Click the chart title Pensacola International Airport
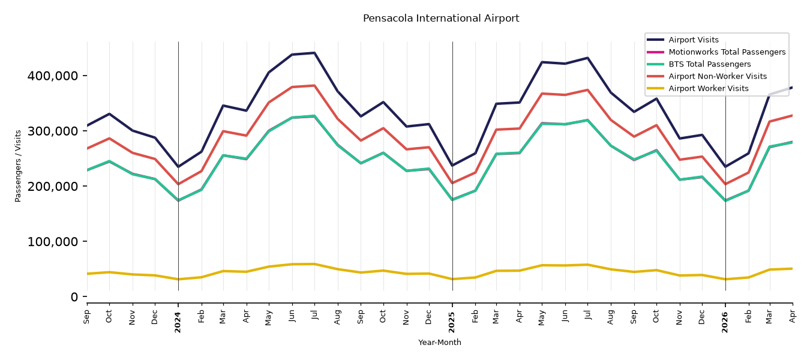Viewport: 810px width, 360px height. tap(441, 18)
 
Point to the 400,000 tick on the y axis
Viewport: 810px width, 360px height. tap(53, 76)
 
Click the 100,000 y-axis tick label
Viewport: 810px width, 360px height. tap(53, 241)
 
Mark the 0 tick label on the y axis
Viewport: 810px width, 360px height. tap(74, 297)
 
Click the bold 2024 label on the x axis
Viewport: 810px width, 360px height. tap(178, 322)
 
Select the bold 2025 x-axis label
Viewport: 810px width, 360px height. tap(452, 322)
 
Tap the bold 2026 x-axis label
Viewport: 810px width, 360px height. tap(725, 322)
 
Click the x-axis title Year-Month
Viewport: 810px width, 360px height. tap(440, 342)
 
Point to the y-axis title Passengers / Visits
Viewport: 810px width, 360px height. tap(18, 166)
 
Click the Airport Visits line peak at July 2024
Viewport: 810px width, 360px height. tap(314, 53)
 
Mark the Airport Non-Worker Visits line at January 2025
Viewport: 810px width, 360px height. tap(452, 183)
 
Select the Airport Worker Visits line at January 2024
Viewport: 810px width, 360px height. tap(178, 279)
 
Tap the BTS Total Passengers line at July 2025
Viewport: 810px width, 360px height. tap(587, 121)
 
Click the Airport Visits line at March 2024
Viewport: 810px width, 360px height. tap(223, 106)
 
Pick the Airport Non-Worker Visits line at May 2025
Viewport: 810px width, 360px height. tap(542, 94)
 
